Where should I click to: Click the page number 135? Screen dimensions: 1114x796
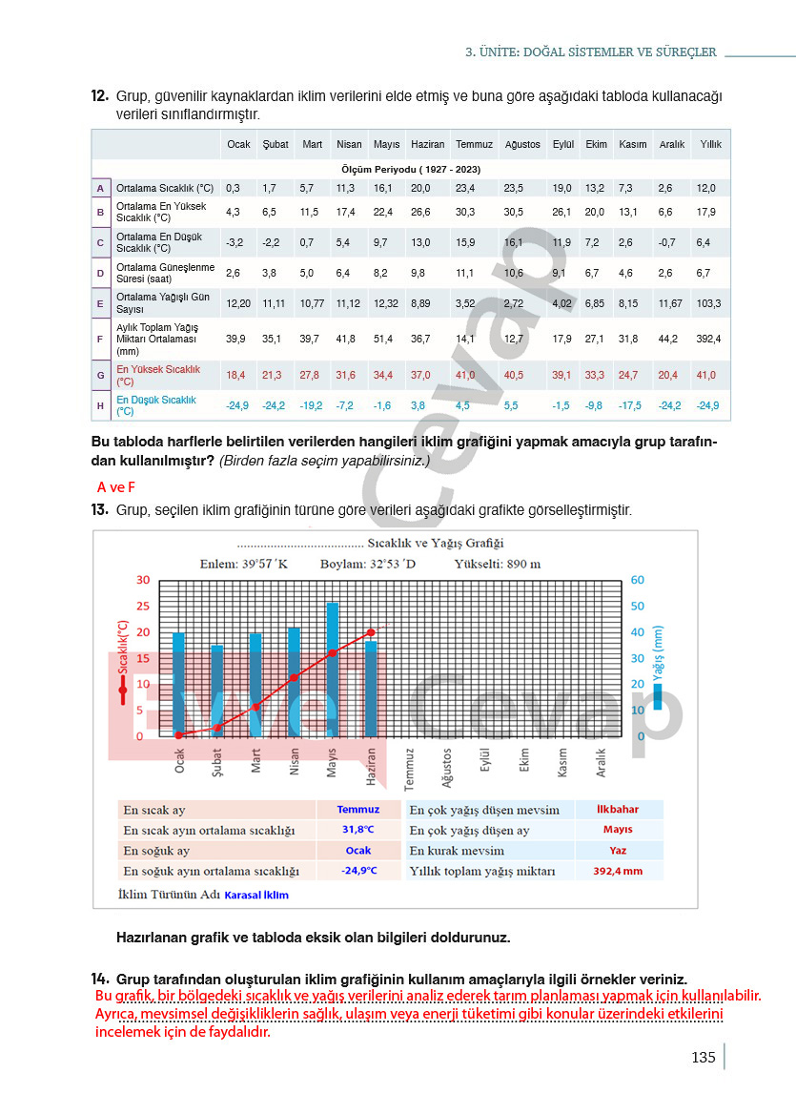coord(703,1057)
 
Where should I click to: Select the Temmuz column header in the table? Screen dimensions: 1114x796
coord(474,144)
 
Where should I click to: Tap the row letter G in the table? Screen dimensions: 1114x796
coord(100,375)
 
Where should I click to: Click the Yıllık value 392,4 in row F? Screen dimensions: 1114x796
coord(708,339)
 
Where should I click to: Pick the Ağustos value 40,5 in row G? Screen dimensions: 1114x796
coord(513,375)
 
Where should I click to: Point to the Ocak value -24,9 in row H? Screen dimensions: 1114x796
coord(237,405)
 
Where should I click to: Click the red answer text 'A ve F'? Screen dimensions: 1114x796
coord(116,486)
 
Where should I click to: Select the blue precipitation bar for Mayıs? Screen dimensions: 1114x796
coord(333,669)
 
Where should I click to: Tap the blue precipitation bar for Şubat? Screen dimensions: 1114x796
coord(217,690)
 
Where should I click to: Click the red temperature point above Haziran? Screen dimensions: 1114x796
coord(371,631)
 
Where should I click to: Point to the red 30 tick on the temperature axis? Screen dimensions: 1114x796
coord(143,580)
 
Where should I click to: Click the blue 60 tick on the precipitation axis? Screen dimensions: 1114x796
coord(637,580)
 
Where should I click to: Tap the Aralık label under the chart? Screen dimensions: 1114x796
coord(602,763)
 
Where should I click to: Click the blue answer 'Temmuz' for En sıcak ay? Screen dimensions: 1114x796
coord(357,810)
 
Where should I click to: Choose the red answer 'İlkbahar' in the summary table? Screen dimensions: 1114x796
coord(617,810)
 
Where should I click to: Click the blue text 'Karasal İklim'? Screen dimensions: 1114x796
coord(256,895)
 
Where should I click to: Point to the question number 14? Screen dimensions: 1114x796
coord(100,979)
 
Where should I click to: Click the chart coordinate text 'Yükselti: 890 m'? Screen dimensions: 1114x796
coord(497,564)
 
